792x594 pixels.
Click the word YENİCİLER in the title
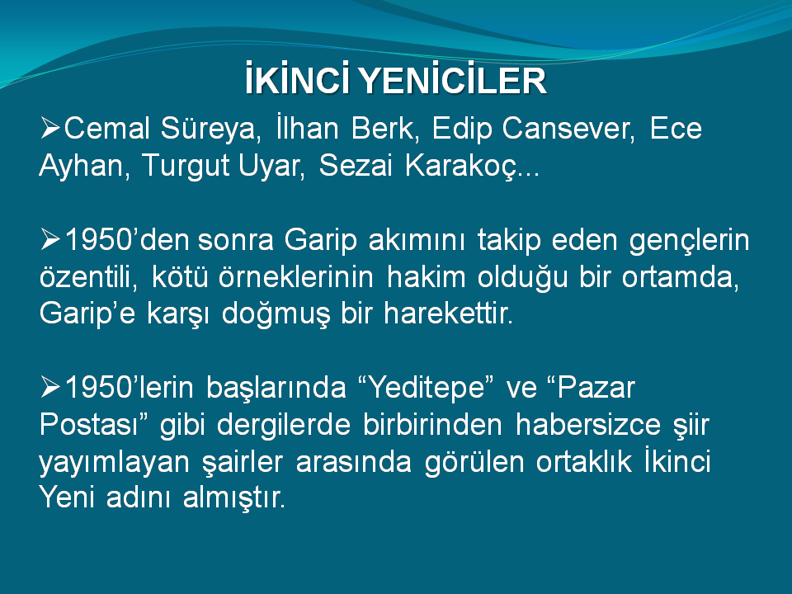pos(453,79)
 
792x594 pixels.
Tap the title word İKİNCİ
pos(296,79)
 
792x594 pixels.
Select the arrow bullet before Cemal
pos(50,128)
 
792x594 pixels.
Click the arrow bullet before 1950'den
pos(50,239)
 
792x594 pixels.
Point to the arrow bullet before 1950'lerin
pos(50,388)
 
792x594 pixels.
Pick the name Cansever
pos(568,130)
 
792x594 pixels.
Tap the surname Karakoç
pos(462,167)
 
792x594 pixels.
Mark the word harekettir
pos(448,313)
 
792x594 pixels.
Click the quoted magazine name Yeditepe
pos(427,389)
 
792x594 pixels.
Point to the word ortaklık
pos(584,461)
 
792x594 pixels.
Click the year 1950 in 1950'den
pos(99,240)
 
